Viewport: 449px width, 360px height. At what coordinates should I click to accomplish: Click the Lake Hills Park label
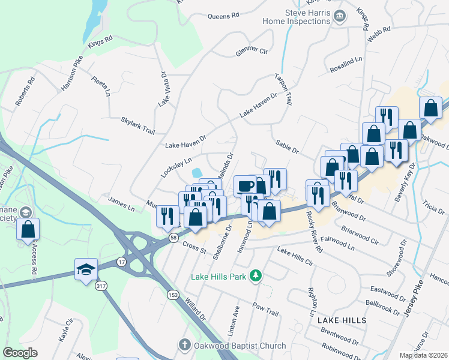219,277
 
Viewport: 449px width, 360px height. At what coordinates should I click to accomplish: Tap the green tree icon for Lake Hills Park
256,275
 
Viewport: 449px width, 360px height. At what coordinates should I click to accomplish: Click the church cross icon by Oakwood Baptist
185,345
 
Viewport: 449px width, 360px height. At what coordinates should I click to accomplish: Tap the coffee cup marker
245,185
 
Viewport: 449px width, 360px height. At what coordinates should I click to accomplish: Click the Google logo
20,353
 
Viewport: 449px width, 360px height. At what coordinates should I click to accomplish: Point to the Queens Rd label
223,15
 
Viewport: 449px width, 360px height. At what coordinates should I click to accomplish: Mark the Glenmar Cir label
251,50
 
